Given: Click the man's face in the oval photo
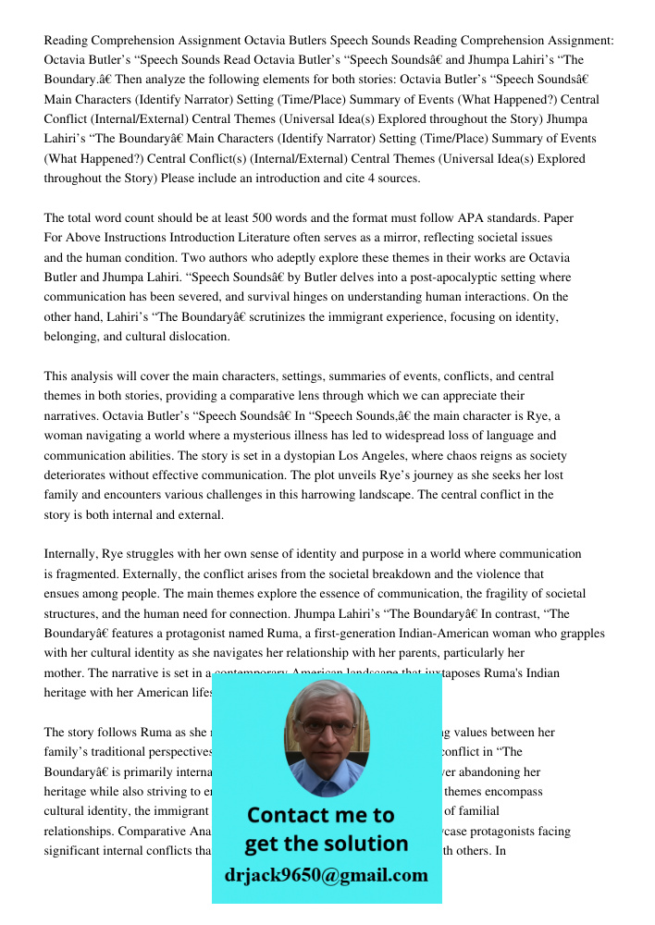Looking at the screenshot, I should (326, 735).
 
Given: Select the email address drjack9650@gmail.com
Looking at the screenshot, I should (326, 874).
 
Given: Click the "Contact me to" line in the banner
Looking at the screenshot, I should (321, 815).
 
